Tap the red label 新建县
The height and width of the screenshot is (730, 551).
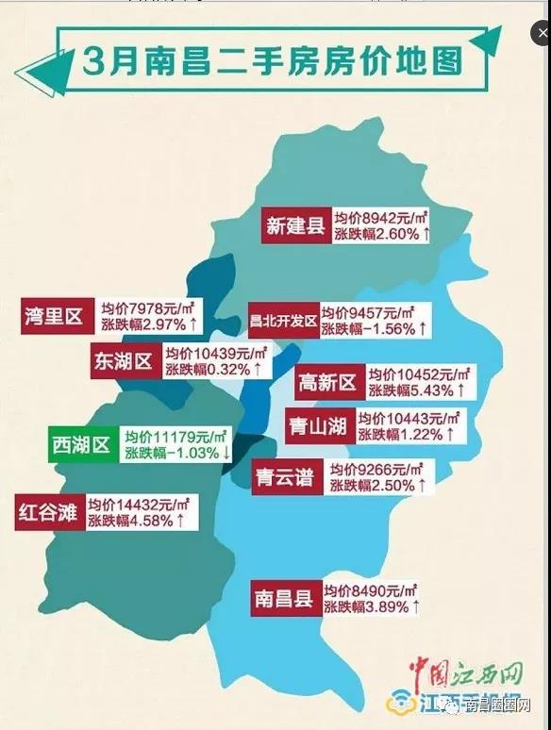point(295,226)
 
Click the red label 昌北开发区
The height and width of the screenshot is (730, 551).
point(282,319)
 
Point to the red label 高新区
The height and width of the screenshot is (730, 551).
point(326,382)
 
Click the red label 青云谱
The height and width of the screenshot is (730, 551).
point(284,476)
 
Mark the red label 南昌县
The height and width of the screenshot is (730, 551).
point(284,598)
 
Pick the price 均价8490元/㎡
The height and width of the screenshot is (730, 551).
point(371,589)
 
